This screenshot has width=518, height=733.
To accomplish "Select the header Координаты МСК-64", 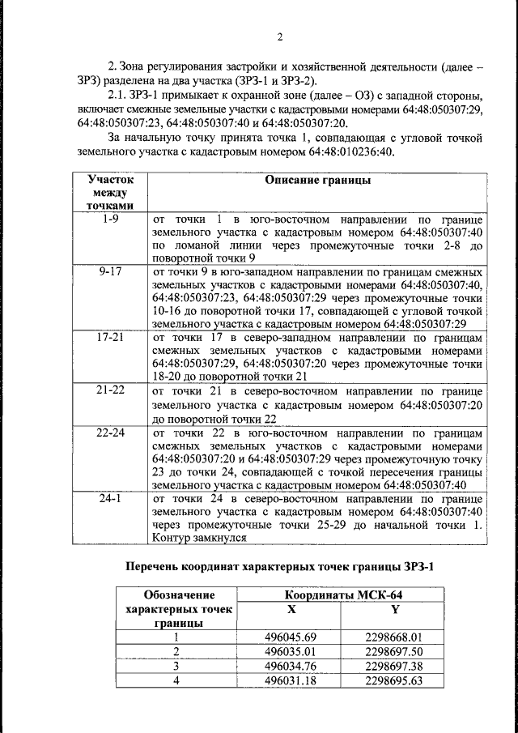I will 343,595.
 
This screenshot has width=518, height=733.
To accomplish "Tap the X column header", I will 291,608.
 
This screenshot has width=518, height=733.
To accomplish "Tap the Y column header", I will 395,608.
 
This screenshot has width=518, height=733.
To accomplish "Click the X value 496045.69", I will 290,637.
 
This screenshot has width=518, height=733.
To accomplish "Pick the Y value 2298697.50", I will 394,651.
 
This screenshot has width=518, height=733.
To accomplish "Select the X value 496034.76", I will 290,666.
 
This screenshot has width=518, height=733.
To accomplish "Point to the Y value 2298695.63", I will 394,680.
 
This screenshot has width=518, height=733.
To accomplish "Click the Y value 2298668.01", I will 394,637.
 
